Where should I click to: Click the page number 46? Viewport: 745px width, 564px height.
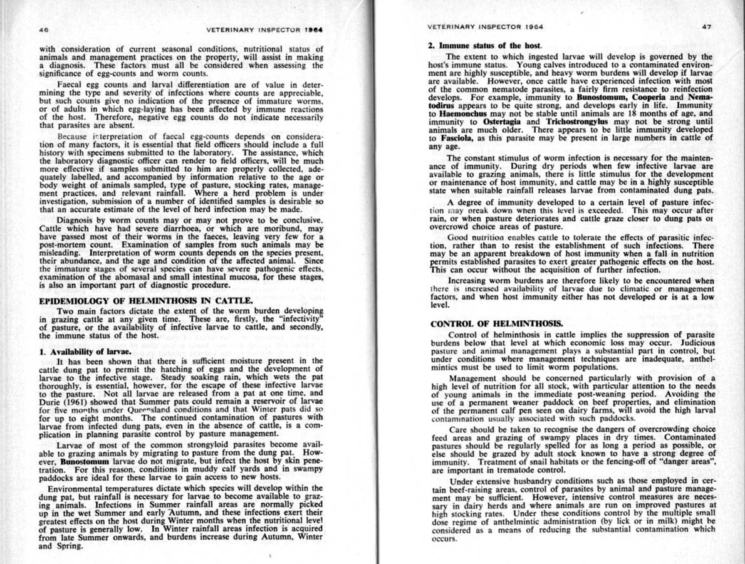[x=44, y=29]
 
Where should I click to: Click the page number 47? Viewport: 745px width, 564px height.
[x=707, y=28]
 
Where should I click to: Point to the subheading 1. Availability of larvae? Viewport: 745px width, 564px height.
[x=86, y=352]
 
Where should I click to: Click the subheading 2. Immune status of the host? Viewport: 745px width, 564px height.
[x=481, y=46]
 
